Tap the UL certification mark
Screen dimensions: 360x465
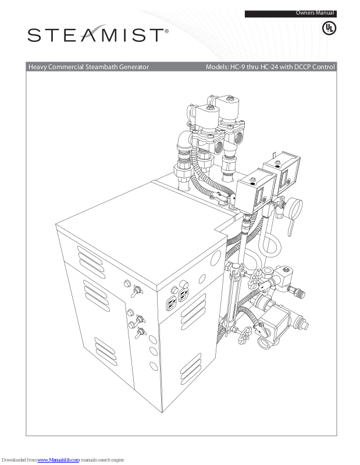coord(329,28)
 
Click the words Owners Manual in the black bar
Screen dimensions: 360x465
coord(315,13)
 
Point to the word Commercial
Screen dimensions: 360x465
coord(66,67)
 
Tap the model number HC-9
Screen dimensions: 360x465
coord(238,67)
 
